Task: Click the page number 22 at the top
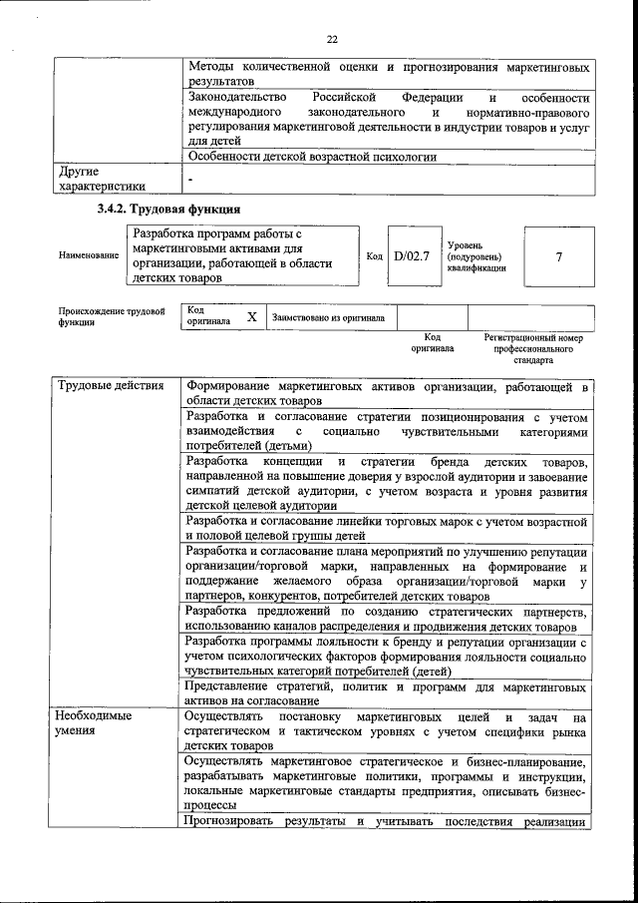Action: click(332, 39)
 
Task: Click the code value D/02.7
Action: click(410, 255)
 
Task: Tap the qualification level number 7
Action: click(558, 255)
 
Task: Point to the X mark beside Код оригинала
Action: click(252, 316)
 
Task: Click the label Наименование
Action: click(89, 255)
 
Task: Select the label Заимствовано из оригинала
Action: click(328, 317)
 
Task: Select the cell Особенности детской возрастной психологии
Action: click(311, 157)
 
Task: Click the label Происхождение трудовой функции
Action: click(111, 317)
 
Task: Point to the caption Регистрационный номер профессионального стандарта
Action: click(533, 348)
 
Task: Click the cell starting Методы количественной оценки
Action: click(388, 74)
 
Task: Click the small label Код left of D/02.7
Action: click(375, 256)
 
